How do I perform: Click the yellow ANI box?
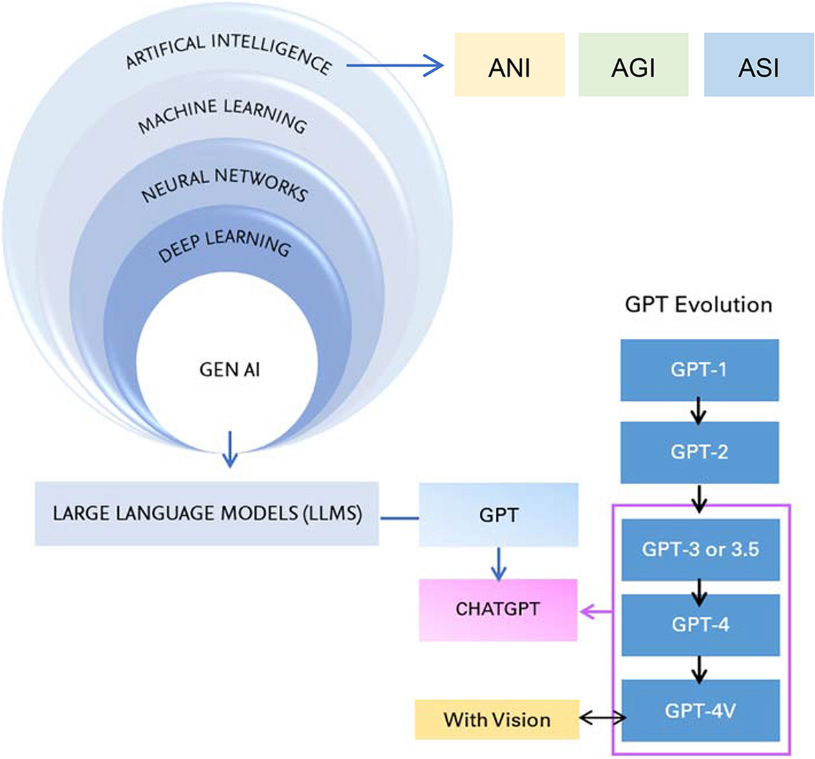509,64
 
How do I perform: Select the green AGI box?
633,64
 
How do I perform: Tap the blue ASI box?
758,64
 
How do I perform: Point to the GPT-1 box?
699,370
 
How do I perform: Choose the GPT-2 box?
699,452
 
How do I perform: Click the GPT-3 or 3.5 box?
700,550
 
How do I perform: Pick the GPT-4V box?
700,711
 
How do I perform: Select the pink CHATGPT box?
498,610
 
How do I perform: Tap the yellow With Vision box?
497,720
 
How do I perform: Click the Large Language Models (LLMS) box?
207,514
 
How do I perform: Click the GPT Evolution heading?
698,305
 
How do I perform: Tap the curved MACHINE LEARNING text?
222,115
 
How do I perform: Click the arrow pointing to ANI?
394,66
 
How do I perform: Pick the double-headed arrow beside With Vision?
602,719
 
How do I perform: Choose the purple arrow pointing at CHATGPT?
597,611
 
